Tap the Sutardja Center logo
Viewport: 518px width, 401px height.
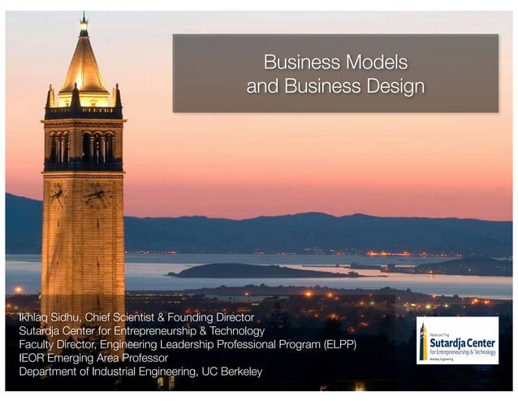pyautogui.click(x=456, y=340)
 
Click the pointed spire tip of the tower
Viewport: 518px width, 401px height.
pyautogui.click(x=84, y=14)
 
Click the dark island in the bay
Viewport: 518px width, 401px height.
pyautogui.click(x=244, y=270)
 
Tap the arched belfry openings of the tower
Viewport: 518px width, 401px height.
pyautogui.click(x=84, y=146)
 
